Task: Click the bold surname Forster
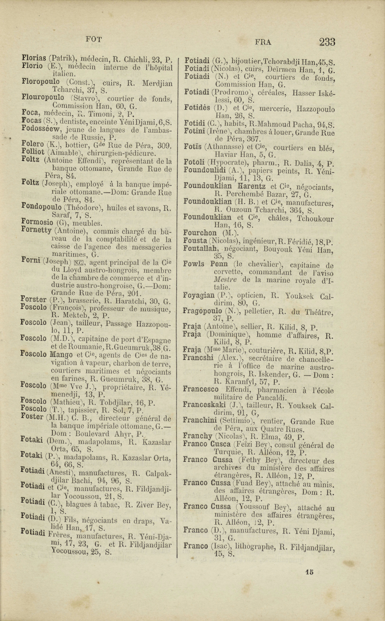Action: coord(34,299)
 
